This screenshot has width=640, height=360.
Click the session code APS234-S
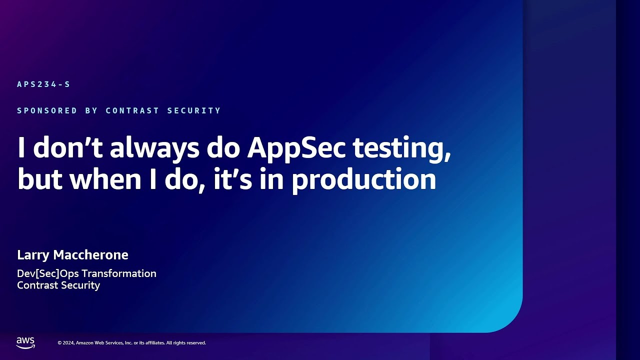pyautogui.click(x=43, y=84)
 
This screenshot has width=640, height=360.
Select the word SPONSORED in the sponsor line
pyautogui.click(x=47, y=110)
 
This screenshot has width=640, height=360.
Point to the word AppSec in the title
pyautogui.click(x=296, y=148)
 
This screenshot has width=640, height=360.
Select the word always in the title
pyautogui.click(x=152, y=148)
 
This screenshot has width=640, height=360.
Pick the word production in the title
pyautogui.click(x=363, y=180)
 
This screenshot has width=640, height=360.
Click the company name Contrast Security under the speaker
pyautogui.click(x=58, y=285)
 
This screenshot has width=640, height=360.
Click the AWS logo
pyautogui.click(x=25, y=342)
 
